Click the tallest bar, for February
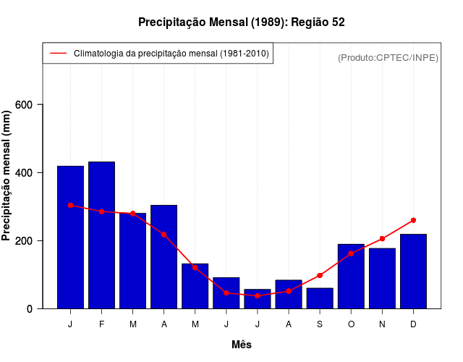[x=101, y=235]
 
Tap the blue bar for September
[x=319, y=298]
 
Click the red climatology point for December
[x=413, y=220]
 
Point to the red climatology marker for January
[x=70, y=205]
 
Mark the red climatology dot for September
[x=319, y=276]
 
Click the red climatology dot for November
[x=382, y=239]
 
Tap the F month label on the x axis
[x=101, y=324]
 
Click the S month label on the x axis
[x=319, y=324]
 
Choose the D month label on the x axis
[x=413, y=324]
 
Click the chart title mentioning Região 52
[x=242, y=22]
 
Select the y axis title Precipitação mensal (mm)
[x=8, y=174]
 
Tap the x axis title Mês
[x=242, y=345]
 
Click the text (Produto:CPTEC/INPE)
[x=388, y=57]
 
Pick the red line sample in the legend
[x=57, y=54]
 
